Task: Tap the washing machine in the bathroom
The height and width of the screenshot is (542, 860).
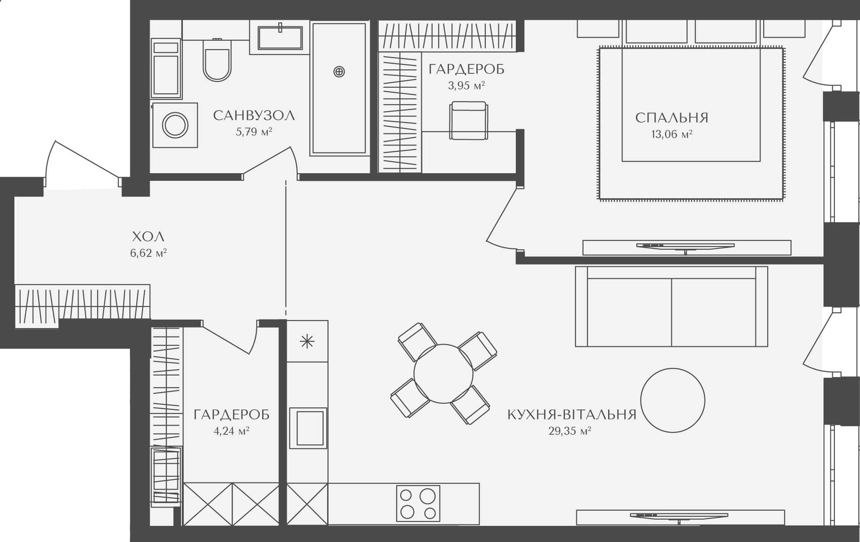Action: click(175, 125)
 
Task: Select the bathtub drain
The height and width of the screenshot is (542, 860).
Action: click(339, 71)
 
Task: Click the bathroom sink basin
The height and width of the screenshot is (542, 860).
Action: click(280, 37)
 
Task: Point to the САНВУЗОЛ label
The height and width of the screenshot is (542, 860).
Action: click(254, 116)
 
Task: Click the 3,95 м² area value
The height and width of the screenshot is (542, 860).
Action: click(466, 85)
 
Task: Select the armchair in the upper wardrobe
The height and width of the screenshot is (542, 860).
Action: click(469, 120)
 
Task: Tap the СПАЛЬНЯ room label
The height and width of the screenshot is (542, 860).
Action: click(672, 118)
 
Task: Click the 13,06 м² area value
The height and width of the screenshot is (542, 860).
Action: click(672, 134)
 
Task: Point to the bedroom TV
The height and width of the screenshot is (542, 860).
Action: click(686, 246)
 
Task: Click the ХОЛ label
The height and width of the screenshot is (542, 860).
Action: click(148, 236)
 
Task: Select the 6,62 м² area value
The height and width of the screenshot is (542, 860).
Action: click(148, 253)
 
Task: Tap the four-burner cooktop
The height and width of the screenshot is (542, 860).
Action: click(418, 504)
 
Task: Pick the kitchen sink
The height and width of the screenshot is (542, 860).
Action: click(308, 428)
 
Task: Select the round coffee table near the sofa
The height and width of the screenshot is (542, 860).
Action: click(673, 400)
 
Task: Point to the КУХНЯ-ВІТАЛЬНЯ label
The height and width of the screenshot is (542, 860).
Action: click(572, 415)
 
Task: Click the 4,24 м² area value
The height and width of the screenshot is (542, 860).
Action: click(231, 431)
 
